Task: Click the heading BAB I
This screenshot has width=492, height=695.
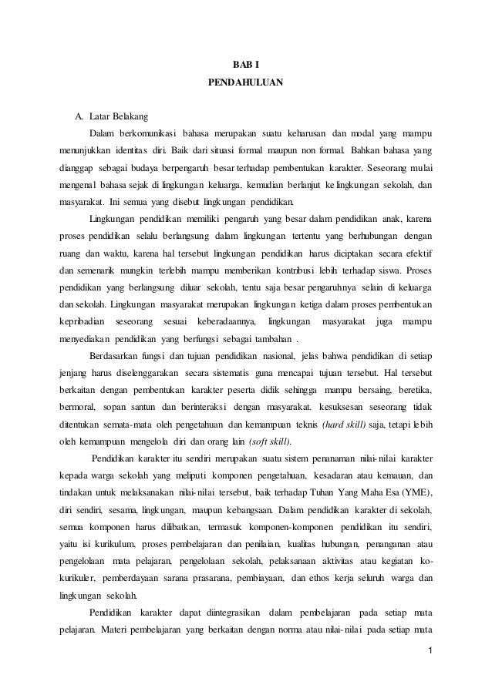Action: tap(246, 62)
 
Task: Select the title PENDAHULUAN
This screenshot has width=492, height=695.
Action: tap(246, 80)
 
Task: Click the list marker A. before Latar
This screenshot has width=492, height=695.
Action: tap(78, 116)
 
